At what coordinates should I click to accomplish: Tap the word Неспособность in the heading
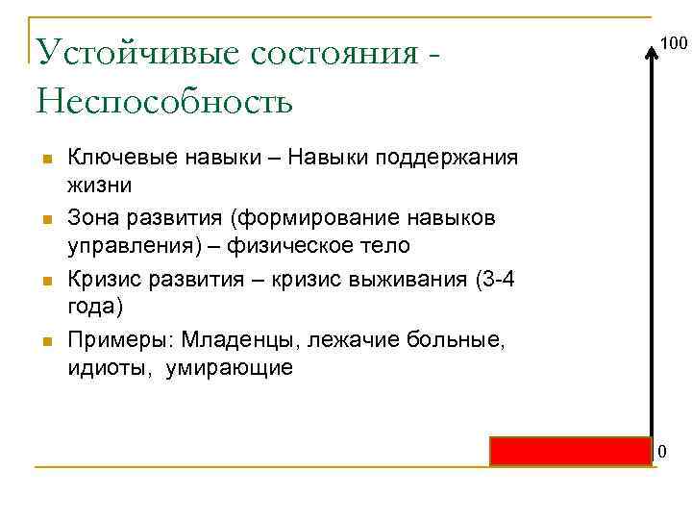click(x=164, y=100)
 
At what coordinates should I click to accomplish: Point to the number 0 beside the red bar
click(x=661, y=452)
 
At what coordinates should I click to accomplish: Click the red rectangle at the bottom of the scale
click(x=571, y=451)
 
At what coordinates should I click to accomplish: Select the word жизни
click(x=100, y=183)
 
